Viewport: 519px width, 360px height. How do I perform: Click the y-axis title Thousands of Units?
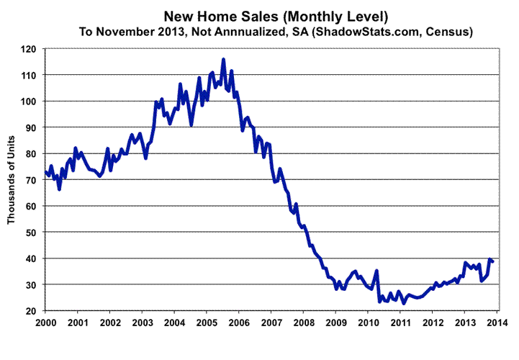[x=12, y=180]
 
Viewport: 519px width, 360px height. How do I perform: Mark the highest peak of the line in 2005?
[x=223, y=60]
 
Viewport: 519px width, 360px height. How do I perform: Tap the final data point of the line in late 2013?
[x=492, y=261]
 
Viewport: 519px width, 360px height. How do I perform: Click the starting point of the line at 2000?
[x=45, y=171]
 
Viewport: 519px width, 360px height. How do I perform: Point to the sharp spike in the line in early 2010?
[x=376, y=271]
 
